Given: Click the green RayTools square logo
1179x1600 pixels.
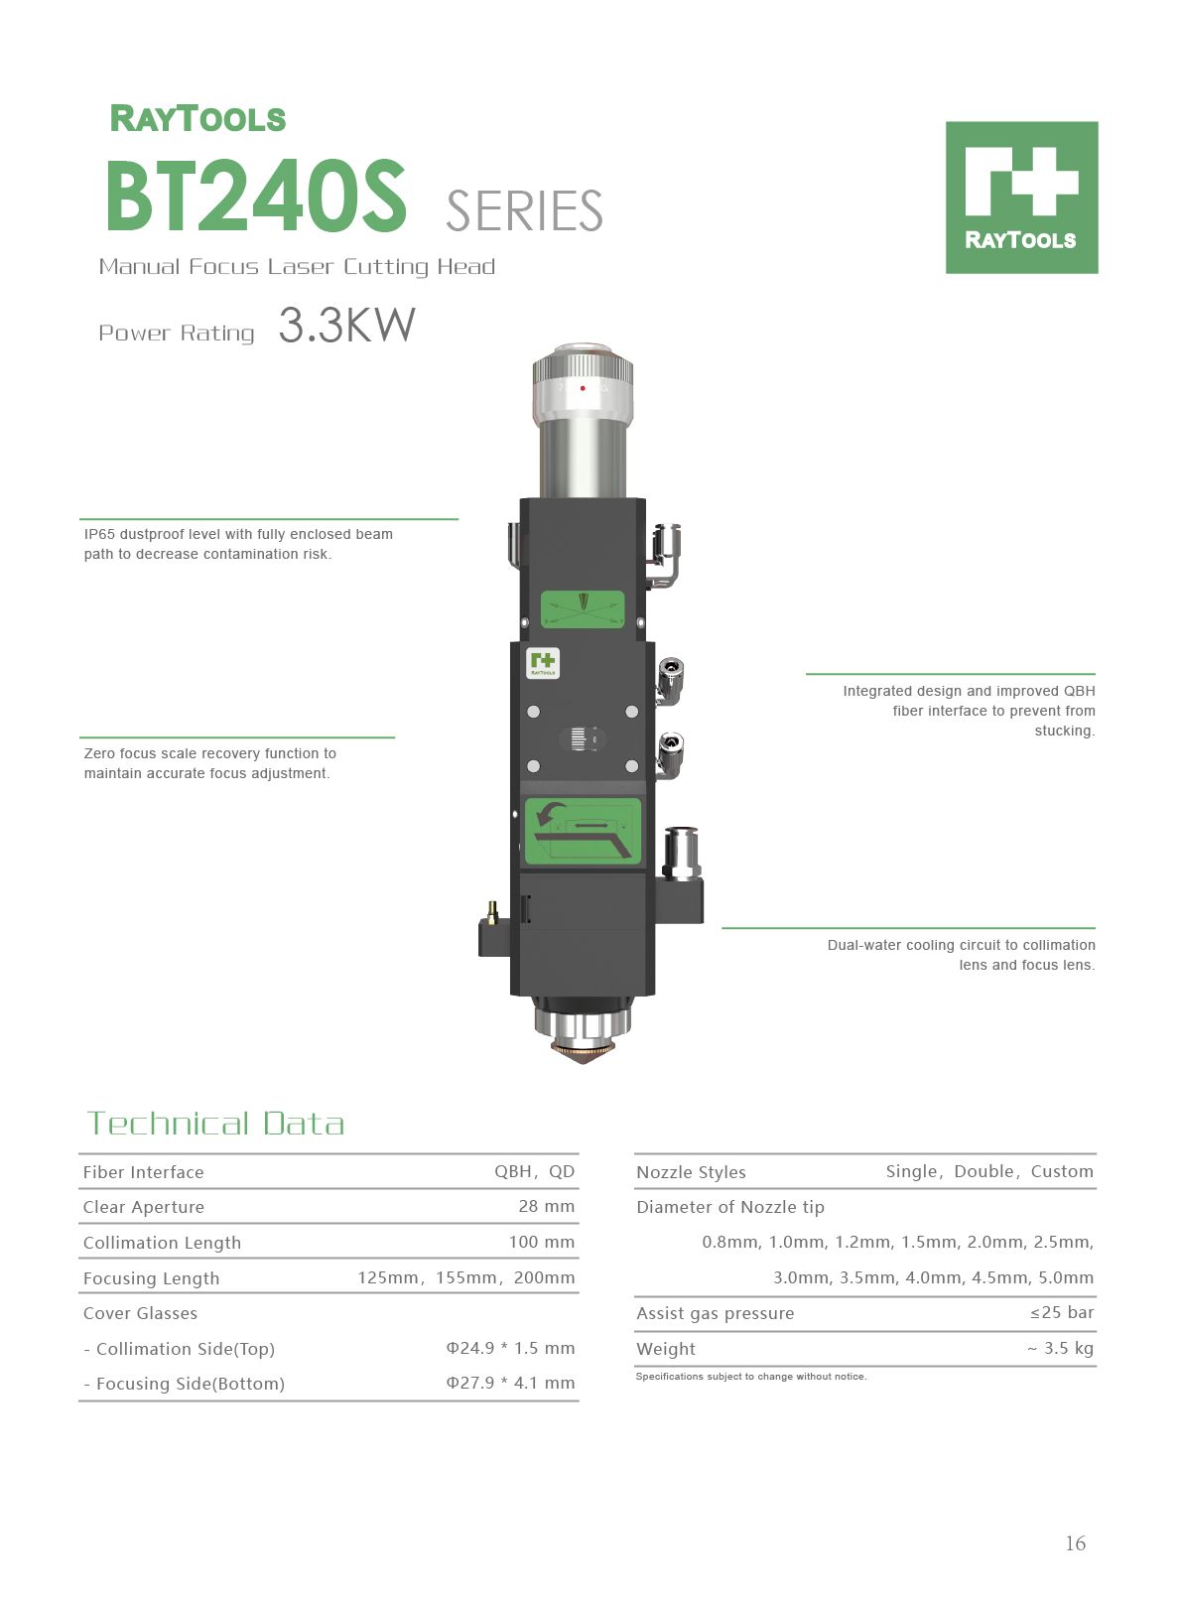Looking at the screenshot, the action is point(1021,198).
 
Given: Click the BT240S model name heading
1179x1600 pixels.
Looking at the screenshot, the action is point(256,196).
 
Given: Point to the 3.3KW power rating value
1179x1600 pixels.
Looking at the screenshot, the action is point(346,325).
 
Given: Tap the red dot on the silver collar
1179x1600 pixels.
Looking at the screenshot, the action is point(583,388).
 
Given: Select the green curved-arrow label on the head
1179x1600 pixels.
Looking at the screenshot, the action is point(583,832).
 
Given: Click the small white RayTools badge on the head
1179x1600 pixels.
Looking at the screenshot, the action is point(543,663).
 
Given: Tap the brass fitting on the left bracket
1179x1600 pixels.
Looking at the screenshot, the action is point(492,911).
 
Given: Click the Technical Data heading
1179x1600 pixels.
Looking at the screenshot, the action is point(215,1123).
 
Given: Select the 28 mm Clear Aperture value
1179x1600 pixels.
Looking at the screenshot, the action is point(546,1206).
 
